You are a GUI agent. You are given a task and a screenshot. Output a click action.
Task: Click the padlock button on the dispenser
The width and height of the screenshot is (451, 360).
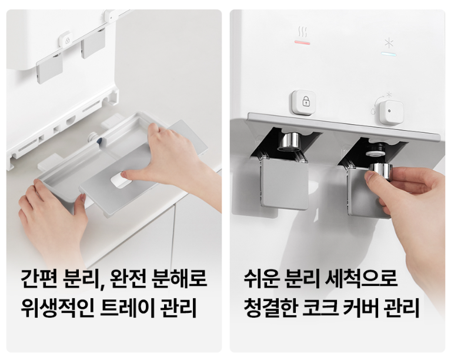click(305, 101)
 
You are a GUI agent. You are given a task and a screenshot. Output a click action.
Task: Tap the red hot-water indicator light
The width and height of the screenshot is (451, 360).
click(302, 42)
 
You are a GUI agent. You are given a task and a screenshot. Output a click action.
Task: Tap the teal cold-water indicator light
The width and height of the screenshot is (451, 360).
click(389, 54)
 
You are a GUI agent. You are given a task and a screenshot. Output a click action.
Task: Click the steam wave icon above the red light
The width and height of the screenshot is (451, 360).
click(302, 31)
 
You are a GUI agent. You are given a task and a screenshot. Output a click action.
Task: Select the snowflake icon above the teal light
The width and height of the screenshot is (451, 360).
click(389, 43)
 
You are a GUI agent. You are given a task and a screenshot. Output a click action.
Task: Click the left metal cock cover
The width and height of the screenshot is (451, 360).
click(285, 183)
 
